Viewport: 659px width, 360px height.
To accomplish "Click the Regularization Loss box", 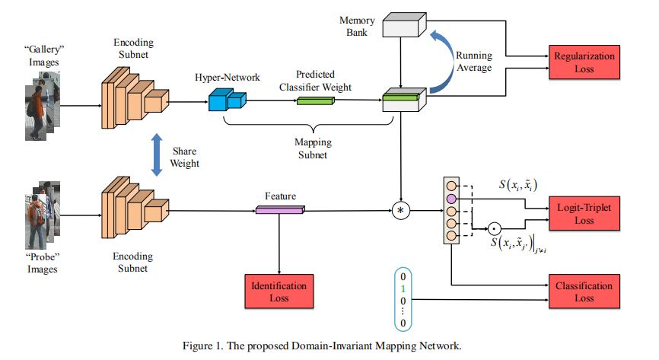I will [584, 62].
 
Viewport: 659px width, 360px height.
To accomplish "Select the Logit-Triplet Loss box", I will [584, 213].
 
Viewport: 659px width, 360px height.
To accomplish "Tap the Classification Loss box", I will [584, 292].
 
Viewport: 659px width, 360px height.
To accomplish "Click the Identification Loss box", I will [279, 292].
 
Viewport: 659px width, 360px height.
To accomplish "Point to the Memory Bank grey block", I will [404, 26].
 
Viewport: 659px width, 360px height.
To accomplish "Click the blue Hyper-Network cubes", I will [225, 99].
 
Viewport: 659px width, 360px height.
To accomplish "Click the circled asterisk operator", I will [401, 209].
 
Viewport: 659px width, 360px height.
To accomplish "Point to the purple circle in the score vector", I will [450, 198].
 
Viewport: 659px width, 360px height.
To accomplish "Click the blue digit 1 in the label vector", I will [404, 290].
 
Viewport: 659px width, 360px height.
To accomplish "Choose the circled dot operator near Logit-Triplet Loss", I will [494, 228].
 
